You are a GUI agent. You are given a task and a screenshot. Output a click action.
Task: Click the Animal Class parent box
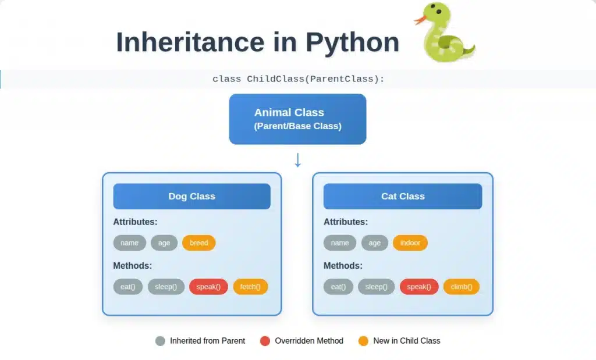(x=297, y=119)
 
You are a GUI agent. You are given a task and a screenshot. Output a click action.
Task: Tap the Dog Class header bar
(x=192, y=197)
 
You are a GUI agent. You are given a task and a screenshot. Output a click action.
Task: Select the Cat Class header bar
(x=403, y=197)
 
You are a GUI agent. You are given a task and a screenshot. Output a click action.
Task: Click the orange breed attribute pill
(x=199, y=243)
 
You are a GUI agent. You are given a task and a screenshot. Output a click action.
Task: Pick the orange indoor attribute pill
(x=410, y=243)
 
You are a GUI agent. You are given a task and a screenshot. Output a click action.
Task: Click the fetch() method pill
(x=250, y=287)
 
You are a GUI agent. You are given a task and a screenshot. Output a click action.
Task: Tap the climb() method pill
(x=462, y=287)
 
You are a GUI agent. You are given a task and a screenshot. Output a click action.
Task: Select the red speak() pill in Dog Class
(x=208, y=287)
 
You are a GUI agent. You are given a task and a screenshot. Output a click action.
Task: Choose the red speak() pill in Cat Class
(x=419, y=287)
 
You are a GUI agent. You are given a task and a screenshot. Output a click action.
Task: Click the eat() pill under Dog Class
(x=127, y=287)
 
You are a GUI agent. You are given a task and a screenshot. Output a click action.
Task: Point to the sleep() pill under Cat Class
(x=377, y=287)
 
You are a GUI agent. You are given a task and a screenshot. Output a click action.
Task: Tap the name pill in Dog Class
(x=130, y=243)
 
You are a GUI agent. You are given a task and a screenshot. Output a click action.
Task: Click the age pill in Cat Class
(x=374, y=243)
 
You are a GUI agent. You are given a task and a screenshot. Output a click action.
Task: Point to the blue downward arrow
(x=297, y=160)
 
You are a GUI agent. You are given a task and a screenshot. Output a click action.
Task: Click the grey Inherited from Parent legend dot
(x=161, y=341)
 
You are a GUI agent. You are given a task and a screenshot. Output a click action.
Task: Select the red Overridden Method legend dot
(x=265, y=341)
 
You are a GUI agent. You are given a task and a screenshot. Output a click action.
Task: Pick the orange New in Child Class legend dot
(x=363, y=341)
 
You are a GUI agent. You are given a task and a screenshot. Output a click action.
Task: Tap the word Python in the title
(x=352, y=42)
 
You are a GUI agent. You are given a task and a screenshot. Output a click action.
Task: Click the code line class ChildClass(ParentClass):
(x=299, y=79)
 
